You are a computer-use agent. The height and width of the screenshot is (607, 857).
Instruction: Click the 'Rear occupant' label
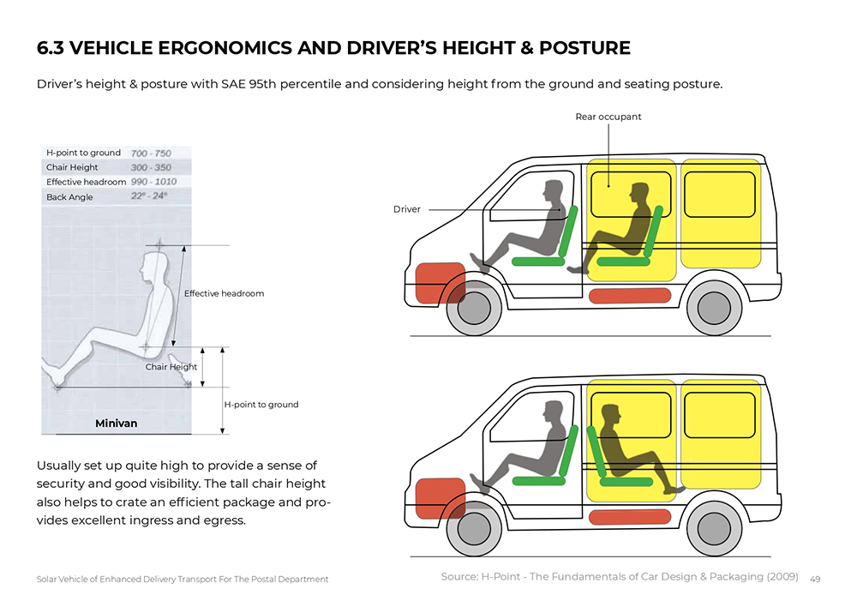(608, 117)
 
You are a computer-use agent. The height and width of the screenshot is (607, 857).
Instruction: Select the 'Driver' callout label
(407, 209)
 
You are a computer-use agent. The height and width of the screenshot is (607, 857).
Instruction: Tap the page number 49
(815, 579)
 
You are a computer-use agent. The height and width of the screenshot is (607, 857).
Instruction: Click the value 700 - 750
(151, 153)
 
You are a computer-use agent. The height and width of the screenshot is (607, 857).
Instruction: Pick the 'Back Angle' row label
(69, 197)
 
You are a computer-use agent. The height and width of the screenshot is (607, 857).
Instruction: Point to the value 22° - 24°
(148, 196)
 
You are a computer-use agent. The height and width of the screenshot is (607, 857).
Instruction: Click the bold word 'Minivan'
(116, 424)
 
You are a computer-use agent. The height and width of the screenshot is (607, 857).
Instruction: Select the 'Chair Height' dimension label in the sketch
(171, 367)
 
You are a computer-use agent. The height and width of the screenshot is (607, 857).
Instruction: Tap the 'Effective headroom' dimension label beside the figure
(224, 293)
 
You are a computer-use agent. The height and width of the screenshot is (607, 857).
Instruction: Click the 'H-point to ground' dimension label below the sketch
(261, 404)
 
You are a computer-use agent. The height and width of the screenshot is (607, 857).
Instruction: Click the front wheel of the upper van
(474, 308)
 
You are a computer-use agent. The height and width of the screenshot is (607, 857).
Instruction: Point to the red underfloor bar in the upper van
(631, 296)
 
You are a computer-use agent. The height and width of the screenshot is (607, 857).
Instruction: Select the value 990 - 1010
(154, 182)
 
